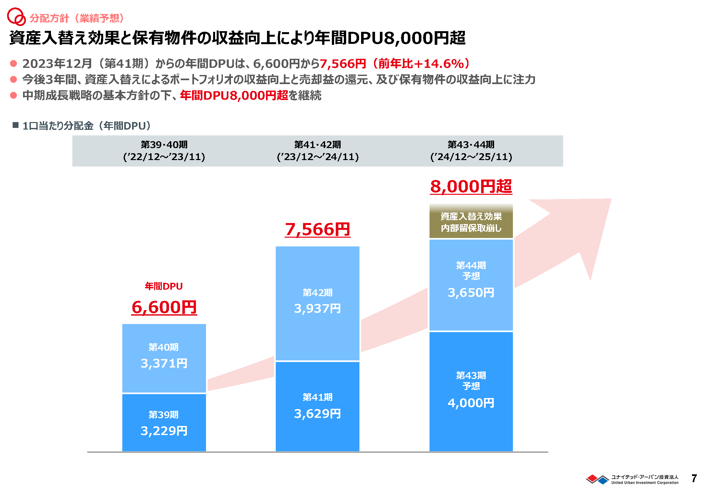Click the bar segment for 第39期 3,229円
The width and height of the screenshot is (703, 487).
click(164, 422)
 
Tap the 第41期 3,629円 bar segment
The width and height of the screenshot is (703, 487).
click(317, 406)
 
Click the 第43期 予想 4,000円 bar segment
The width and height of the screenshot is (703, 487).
click(471, 391)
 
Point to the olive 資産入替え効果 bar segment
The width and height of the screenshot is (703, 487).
click(471, 222)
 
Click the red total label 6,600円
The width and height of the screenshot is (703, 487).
click(164, 307)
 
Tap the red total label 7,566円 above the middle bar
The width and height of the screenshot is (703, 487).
click(318, 230)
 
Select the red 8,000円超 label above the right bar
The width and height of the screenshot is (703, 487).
click(471, 187)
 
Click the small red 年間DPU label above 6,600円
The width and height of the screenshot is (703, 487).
click(164, 286)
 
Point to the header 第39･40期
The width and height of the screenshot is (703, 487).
click(164, 144)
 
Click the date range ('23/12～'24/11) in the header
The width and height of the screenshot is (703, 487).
click(318, 157)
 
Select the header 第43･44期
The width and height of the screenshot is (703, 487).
click(471, 144)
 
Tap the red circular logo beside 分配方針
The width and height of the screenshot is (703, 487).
click(16, 17)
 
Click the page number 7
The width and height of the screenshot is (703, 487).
click(694, 478)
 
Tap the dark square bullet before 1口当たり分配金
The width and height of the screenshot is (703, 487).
click(16, 125)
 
